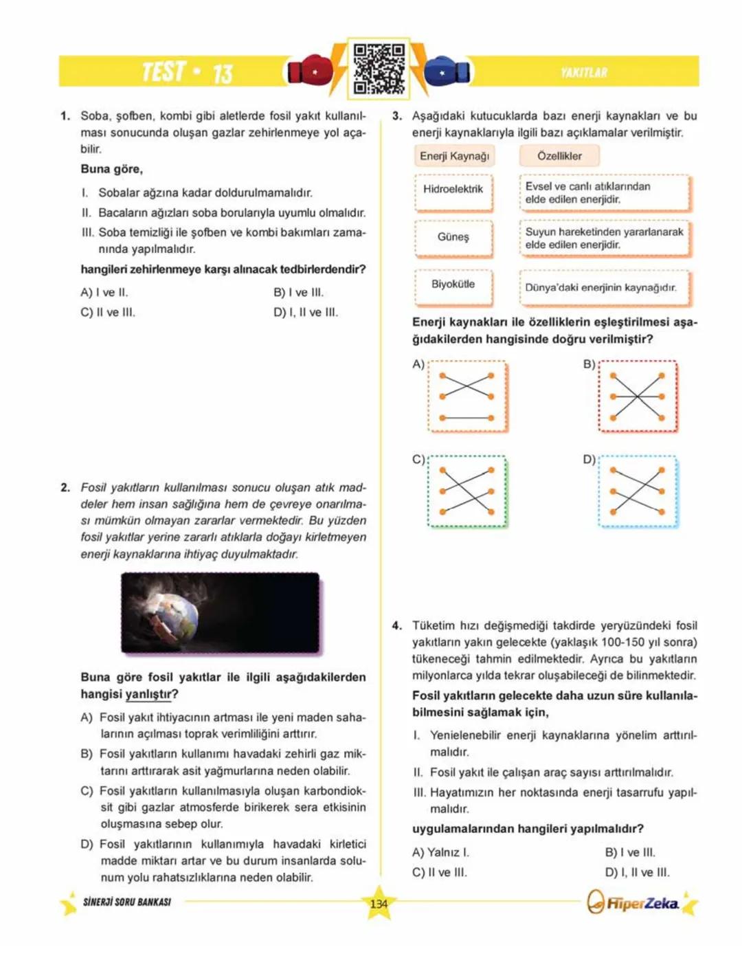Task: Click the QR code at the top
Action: click(x=379, y=69)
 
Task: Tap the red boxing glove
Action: click(x=310, y=71)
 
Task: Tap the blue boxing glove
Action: click(x=447, y=71)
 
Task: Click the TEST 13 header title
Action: click(x=187, y=71)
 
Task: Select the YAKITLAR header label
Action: click(x=583, y=72)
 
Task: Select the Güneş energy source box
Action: click(x=453, y=237)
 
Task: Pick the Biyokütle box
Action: click(x=453, y=284)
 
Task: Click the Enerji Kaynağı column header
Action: click(x=454, y=156)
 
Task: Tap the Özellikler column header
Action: click(x=559, y=156)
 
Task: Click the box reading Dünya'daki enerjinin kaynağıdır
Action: click(x=603, y=288)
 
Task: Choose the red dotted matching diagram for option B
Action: click(x=638, y=397)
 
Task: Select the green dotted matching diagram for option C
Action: click(x=467, y=491)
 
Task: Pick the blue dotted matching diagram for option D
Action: click(x=638, y=491)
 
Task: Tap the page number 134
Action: click(x=379, y=904)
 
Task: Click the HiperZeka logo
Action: click(x=633, y=903)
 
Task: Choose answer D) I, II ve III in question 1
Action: click(x=306, y=313)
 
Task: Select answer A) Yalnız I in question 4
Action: click(x=440, y=853)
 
